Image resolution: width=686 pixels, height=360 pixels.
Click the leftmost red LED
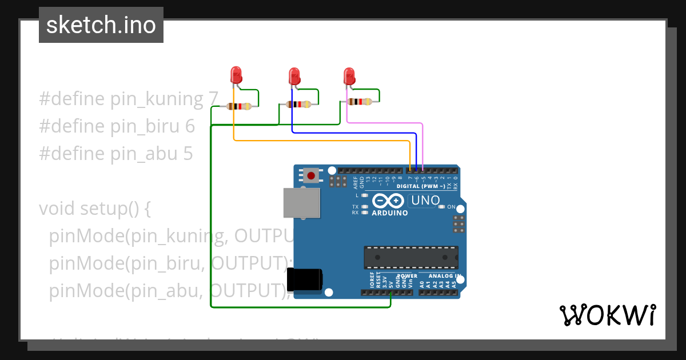tap(236, 75)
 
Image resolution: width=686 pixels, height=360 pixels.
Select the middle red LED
tap(294, 76)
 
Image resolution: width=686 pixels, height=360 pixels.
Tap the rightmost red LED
tap(349, 76)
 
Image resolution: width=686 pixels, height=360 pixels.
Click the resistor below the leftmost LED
tap(239, 106)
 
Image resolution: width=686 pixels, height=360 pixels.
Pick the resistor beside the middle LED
tap(298, 104)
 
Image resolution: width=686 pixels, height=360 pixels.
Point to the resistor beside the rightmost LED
tap(360, 102)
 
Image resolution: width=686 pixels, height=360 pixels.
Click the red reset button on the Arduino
tap(310, 175)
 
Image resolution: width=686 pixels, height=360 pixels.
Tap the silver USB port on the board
tap(301, 203)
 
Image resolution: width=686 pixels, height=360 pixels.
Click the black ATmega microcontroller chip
tap(411, 257)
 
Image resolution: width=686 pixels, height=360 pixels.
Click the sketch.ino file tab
tap(101, 25)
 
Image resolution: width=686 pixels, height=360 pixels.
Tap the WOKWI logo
tap(607, 315)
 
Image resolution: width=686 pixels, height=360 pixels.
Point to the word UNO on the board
tap(426, 201)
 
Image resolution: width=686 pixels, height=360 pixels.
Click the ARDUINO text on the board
tap(390, 213)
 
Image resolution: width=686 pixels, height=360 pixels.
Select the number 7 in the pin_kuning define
tap(213, 99)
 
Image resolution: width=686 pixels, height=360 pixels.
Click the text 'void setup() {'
tap(95, 209)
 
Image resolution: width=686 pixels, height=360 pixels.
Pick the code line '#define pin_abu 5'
tap(116, 154)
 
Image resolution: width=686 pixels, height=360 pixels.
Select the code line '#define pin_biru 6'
tap(117, 126)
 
